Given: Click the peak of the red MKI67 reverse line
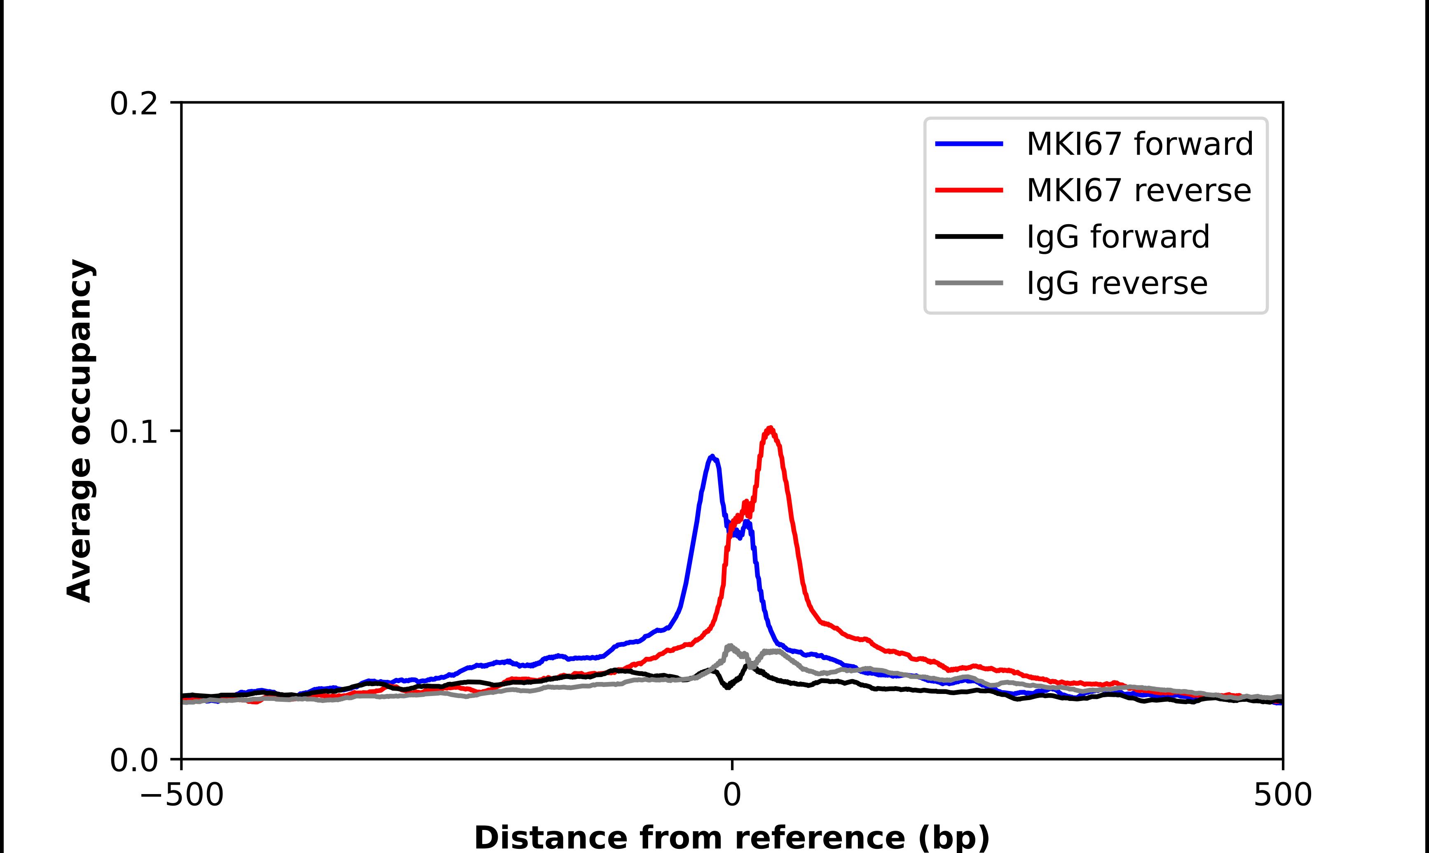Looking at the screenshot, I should pyautogui.click(x=770, y=428).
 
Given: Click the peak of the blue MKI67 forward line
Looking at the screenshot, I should pyautogui.click(x=712, y=457).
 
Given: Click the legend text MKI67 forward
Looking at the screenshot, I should pyautogui.click(x=1139, y=144).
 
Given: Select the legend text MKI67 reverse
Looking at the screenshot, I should pyautogui.click(x=1138, y=190).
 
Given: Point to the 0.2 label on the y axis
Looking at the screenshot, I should pyautogui.click(x=134, y=104).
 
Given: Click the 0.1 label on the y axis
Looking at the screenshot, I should pyautogui.click(x=134, y=432).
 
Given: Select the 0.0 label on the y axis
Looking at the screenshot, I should pyautogui.click(x=134, y=760).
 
